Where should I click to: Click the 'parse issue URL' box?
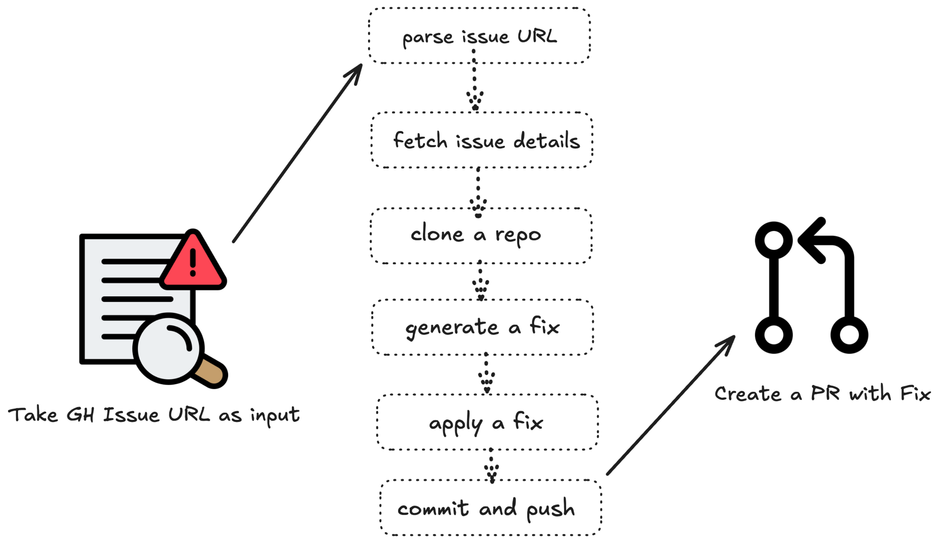(x=479, y=36)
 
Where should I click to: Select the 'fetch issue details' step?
(x=482, y=140)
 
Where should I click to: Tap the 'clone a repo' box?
(x=481, y=236)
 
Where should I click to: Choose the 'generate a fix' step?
(x=483, y=327)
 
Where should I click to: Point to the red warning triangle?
(x=193, y=261)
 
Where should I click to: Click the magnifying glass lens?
(x=169, y=348)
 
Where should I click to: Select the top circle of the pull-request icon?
(x=774, y=240)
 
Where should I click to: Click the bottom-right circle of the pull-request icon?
(x=849, y=335)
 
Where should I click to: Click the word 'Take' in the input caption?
(x=33, y=415)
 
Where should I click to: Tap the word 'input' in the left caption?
(x=275, y=415)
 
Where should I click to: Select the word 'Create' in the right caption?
(x=748, y=394)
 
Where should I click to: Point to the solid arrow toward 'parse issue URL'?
(x=298, y=153)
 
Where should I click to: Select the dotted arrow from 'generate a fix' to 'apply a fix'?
(x=487, y=374)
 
